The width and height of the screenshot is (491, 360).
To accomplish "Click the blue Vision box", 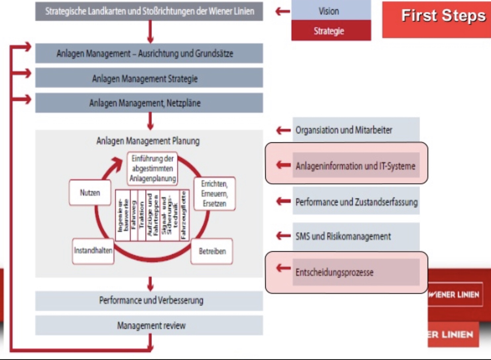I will tap(331, 11).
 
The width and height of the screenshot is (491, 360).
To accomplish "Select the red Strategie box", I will tap(331, 31).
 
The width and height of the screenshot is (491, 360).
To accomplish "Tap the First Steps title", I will tap(443, 16).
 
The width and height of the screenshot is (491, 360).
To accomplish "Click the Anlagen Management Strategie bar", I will tap(149, 78).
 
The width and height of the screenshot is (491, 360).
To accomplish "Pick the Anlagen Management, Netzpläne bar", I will tap(149, 103).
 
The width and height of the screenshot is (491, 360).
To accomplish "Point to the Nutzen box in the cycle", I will tap(90, 193).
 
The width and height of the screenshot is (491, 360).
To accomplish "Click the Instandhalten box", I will tap(93, 251).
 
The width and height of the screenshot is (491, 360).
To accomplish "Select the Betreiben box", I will tap(212, 251).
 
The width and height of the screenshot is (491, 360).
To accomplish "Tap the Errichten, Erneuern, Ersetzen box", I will tap(214, 193).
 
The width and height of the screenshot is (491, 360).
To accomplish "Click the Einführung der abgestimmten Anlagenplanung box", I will tap(153, 168).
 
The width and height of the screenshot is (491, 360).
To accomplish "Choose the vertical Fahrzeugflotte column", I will tap(184, 215).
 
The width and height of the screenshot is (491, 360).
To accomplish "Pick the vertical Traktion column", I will tap(142, 215).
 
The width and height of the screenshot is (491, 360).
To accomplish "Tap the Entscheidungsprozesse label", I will tap(334, 272).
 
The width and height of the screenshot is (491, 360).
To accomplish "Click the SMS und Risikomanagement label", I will tap(343, 236).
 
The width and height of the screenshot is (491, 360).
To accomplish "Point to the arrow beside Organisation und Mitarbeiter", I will tap(284, 130).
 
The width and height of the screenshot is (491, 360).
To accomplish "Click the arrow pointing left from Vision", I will tap(283, 11).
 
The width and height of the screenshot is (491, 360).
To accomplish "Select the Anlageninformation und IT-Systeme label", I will tap(355, 166).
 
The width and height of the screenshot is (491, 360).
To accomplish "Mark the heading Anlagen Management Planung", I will tap(148, 141).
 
